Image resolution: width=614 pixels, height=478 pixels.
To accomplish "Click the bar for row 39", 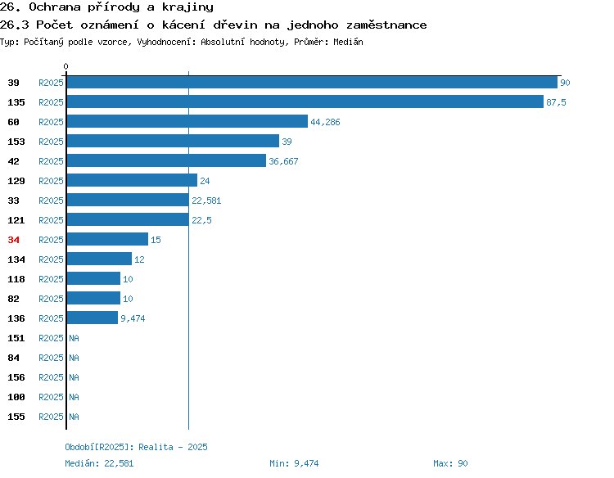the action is (312, 82).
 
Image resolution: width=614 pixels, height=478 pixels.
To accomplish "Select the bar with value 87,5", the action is (305, 101).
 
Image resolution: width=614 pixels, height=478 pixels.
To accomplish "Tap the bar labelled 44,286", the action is (187, 121).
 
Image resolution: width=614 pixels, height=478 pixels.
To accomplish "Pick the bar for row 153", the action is (173, 141).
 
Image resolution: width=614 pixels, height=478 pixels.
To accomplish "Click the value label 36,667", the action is (283, 161).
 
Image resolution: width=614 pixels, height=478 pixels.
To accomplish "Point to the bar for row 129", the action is (132, 180).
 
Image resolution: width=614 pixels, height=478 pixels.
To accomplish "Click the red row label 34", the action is (13, 240).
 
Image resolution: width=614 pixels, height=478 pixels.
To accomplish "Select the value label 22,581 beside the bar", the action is (206, 201).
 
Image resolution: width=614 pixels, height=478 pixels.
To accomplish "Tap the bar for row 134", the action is (99, 259).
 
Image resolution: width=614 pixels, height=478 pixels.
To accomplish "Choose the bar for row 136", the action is (93, 318).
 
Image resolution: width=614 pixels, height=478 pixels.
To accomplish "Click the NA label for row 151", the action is (74, 338).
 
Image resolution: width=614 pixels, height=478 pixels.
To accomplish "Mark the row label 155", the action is (16, 417).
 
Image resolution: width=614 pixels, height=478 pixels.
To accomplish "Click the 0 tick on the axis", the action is (65, 66).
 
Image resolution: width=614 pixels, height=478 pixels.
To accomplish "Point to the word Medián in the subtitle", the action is (348, 42).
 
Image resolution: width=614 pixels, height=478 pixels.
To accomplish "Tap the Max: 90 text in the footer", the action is (450, 463).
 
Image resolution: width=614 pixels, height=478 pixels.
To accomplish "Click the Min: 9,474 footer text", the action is (294, 463).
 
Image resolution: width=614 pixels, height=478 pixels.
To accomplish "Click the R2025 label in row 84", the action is (51, 358).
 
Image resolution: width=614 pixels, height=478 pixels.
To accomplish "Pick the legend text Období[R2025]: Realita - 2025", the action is (136, 447).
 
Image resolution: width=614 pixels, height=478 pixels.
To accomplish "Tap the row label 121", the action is (16, 220).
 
